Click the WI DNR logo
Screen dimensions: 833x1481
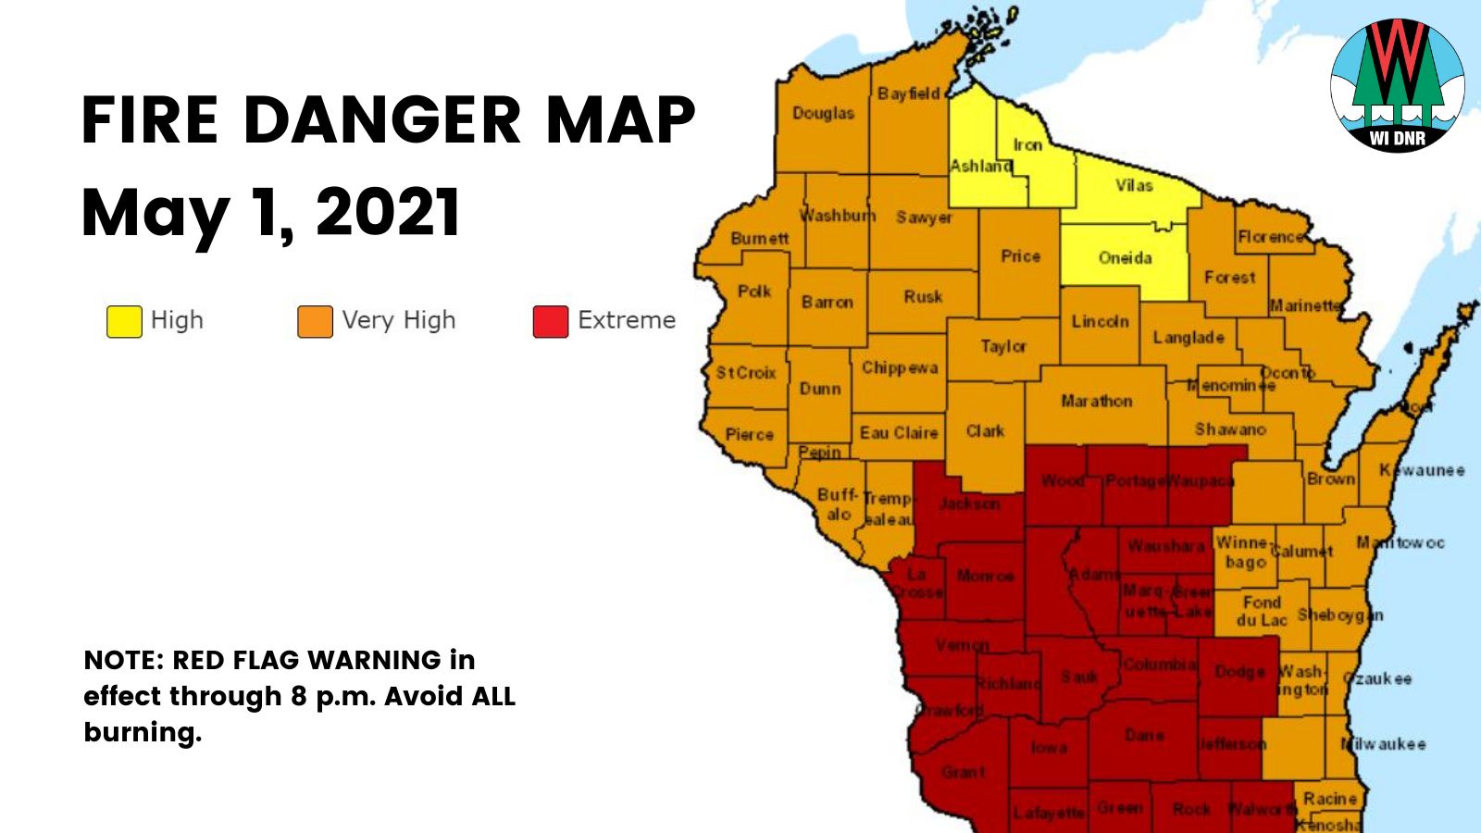pos(1397,85)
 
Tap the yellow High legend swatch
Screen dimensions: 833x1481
pos(124,321)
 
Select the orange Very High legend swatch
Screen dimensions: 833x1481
pos(315,321)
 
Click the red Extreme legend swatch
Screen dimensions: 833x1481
pos(550,321)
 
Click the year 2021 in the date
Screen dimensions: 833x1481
pos(388,213)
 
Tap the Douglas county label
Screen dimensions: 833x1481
pos(823,113)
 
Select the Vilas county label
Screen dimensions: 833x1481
pos(1134,185)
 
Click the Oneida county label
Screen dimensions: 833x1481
pos(1125,257)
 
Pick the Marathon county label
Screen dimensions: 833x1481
pos(1096,401)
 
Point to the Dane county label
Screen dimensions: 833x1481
pos(1144,735)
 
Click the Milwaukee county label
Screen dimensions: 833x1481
pos(1384,743)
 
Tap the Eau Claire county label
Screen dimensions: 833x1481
pos(898,432)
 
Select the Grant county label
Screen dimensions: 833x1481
pos(963,771)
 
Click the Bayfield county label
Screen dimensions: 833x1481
pos(908,93)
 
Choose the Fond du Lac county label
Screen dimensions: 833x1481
pos(1262,611)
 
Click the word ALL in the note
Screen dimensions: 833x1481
pos(492,696)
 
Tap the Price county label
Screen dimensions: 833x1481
pos(1020,255)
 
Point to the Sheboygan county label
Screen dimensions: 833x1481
pos(1339,615)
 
